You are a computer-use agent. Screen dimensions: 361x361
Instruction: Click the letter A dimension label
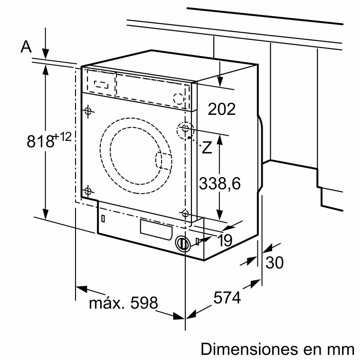(x=27, y=47)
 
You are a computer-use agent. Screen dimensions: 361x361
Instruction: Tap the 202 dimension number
(x=222, y=109)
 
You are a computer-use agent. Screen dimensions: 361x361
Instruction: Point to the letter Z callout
(x=207, y=148)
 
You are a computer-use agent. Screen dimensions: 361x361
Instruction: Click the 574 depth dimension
(x=227, y=298)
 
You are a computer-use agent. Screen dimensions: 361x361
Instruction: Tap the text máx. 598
(x=123, y=303)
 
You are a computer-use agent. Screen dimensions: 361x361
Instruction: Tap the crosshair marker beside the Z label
(x=185, y=129)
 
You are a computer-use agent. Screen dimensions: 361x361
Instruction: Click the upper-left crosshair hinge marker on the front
(x=87, y=111)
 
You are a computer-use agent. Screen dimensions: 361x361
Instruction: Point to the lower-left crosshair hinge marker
(x=87, y=191)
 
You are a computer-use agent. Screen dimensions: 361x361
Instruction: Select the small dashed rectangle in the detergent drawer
(x=101, y=85)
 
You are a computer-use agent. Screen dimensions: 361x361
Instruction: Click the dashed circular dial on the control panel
(x=178, y=99)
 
